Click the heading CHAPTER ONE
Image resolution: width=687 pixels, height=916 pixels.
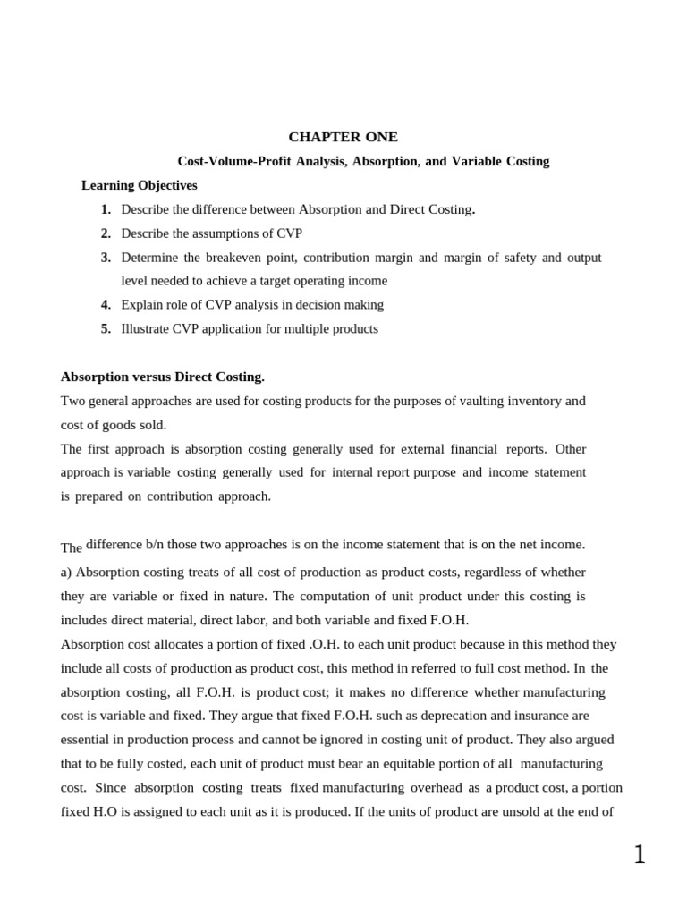[343, 137]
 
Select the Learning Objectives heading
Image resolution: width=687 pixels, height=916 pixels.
[139, 185]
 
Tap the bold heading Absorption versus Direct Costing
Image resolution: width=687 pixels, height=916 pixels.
[162, 377]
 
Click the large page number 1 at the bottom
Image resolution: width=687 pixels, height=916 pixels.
[639, 855]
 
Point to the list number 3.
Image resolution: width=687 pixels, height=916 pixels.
[106, 258]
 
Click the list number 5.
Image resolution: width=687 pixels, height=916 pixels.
[106, 328]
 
